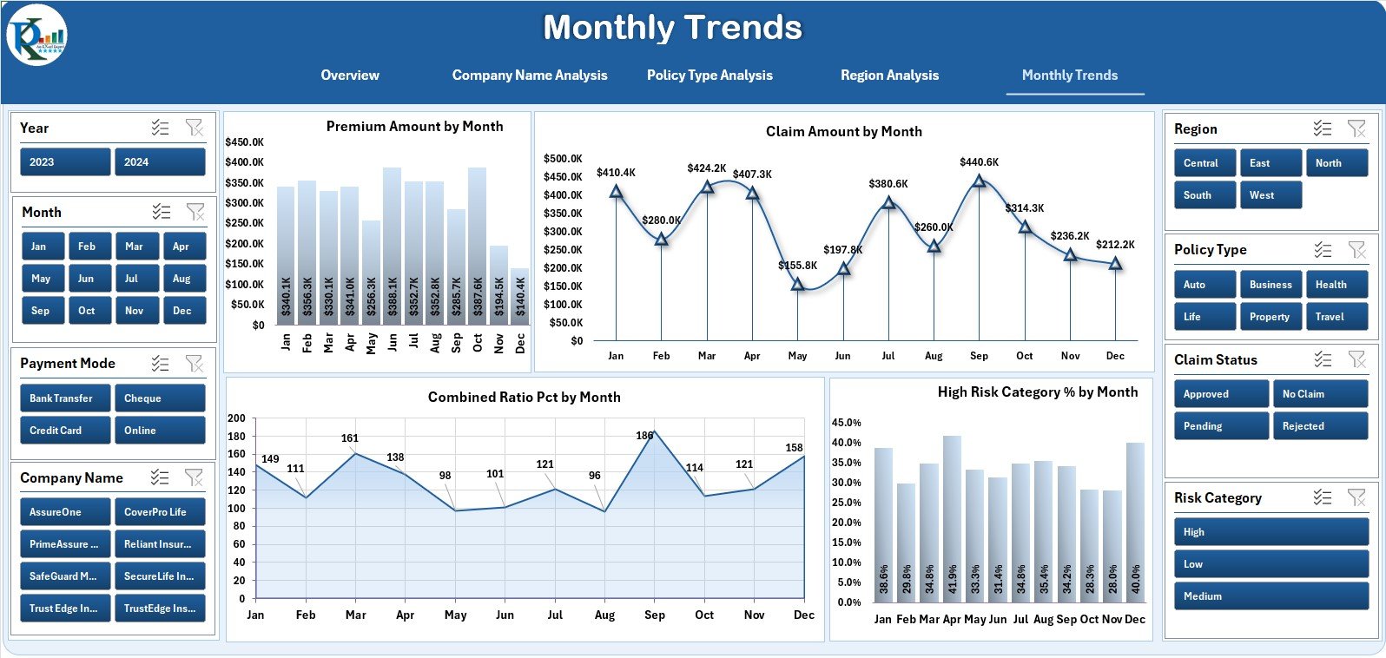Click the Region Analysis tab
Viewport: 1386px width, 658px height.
(889, 76)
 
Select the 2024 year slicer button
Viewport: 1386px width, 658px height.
(160, 162)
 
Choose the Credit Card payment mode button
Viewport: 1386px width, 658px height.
(64, 431)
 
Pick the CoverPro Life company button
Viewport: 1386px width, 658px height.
(160, 512)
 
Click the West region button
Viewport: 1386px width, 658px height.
(1270, 195)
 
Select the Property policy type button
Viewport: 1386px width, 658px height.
(1270, 317)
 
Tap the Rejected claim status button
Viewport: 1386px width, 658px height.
(1319, 426)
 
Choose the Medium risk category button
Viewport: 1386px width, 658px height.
(1270, 596)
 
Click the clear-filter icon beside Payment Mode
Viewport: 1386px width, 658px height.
(195, 364)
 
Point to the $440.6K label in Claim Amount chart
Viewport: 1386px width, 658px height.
(979, 162)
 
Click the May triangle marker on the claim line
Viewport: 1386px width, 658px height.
(797, 284)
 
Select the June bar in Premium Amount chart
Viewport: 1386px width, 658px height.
(392, 252)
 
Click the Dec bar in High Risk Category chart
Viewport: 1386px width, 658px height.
(1135, 521)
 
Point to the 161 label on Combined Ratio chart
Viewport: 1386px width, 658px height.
(349, 438)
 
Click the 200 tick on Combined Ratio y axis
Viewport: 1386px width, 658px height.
(236, 418)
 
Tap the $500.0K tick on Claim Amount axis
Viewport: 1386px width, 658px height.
(563, 159)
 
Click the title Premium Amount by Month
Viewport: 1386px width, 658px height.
(414, 127)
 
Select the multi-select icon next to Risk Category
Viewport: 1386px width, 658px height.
(1322, 497)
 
